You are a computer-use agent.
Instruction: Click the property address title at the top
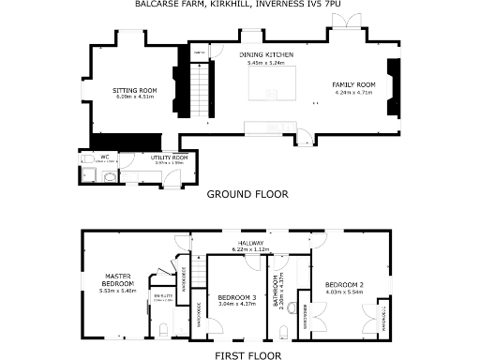click(x=239, y=6)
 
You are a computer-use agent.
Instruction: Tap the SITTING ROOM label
click(x=136, y=90)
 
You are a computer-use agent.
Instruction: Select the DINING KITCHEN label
click(x=270, y=56)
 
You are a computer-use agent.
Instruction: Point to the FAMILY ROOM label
click(x=353, y=85)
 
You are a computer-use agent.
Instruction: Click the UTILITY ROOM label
click(x=172, y=157)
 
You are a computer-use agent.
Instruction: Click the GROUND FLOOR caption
click(x=247, y=194)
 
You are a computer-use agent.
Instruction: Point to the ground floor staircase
click(x=202, y=89)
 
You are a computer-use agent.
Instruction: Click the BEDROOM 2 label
click(x=344, y=284)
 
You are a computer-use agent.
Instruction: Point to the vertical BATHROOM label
click(x=275, y=292)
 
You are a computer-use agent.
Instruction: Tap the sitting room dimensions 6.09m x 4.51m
click(x=136, y=97)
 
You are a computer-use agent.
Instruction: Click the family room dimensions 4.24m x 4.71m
click(x=353, y=92)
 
